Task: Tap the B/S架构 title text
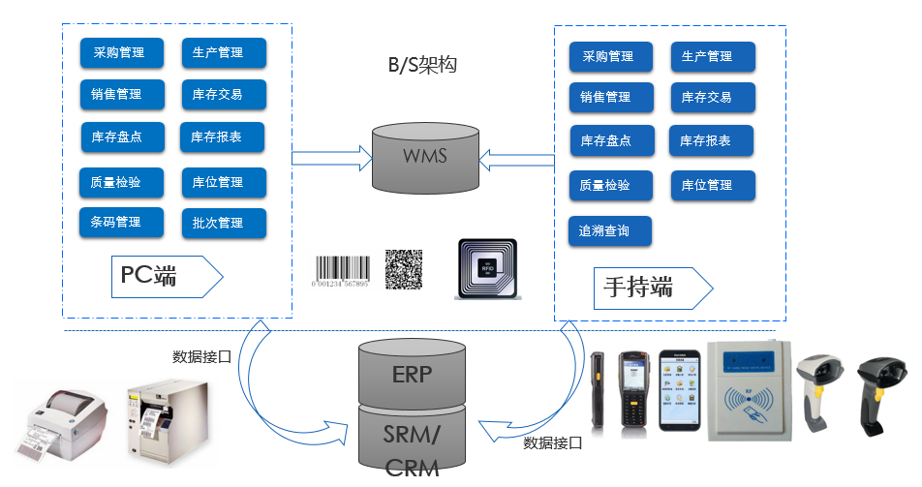tap(421, 66)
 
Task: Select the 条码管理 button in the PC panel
tap(117, 223)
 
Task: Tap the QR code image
tap(404, 269)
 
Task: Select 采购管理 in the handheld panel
tap(607, 57)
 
